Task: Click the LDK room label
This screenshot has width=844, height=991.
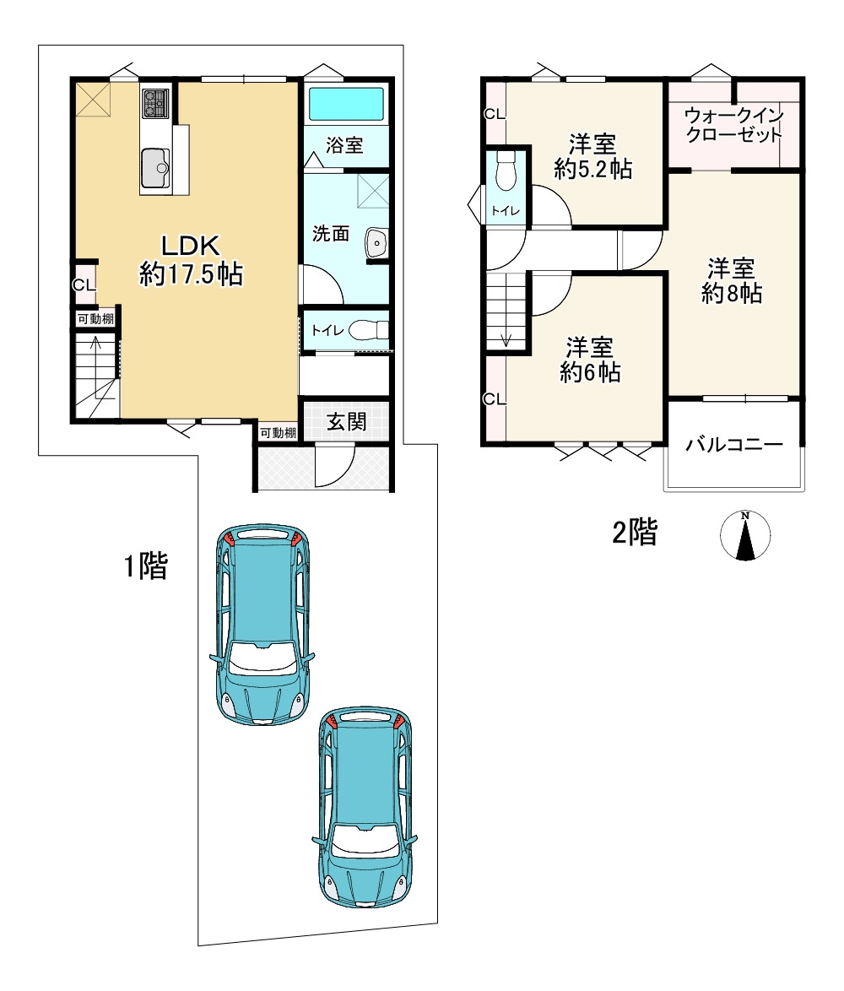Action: pyautogui.click(x=190, y=245)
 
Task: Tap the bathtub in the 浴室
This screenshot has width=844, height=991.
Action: pyautogui.click(x=345, y=104)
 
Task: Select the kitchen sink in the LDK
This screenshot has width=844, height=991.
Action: pyautogui.click(x=155, y=168)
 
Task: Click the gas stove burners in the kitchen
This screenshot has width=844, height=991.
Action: pyautogui.click(x=155, y=103)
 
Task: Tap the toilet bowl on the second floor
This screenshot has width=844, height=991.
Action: pyautogui.click(x=506, y=171)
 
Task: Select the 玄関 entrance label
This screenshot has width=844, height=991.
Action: pyautogui.click(x=346, y=421)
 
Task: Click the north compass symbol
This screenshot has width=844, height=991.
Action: pyautogui.click(x=745, y=535)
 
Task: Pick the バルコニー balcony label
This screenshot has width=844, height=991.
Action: pyautogui.click(x=734, y=444)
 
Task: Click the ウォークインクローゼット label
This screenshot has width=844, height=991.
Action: pyautogui.click(x=734, y=124)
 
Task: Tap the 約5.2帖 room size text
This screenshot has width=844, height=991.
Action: pyautogui.click(x=592, y=169)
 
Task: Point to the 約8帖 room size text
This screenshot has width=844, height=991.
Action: pyautogui.click(x=732, y=293)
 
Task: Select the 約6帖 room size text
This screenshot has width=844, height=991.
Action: pyautogui.click(x=590, y=372)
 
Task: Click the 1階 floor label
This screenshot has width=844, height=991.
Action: pyautogui.click(x=146, y=566)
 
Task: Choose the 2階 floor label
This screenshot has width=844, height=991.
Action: pyautogui.click(x=635, y=532)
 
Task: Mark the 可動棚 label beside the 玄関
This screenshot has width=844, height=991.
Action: pyautogui.click(x=278, y=433)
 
